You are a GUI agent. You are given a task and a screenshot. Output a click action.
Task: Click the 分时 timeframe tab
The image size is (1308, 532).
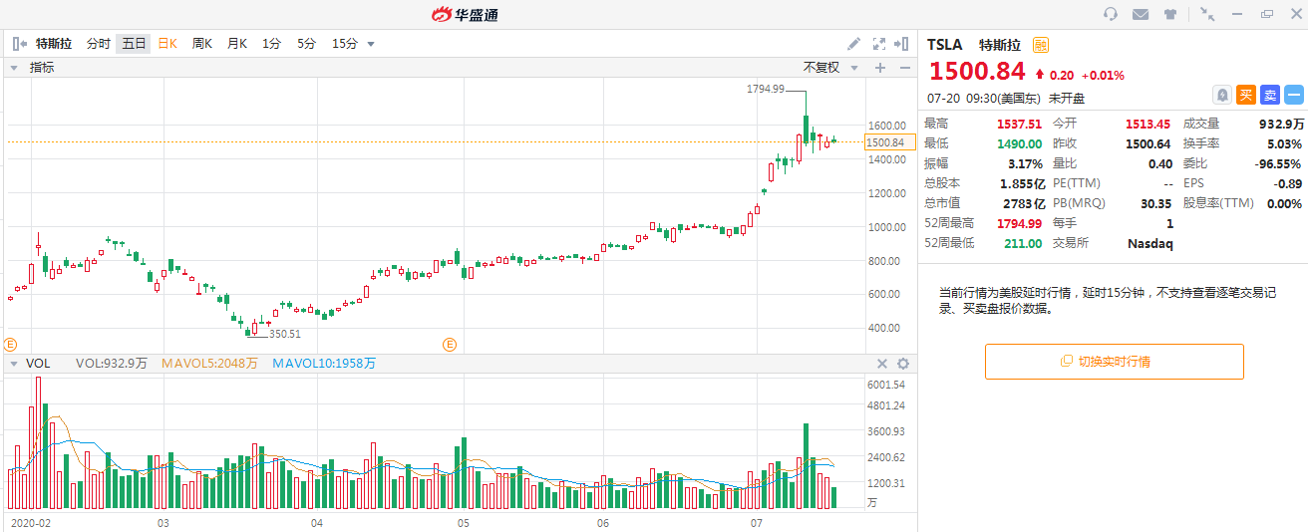[x=98, y=44]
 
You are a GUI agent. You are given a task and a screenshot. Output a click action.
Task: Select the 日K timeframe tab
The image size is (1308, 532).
[x=166, y=44]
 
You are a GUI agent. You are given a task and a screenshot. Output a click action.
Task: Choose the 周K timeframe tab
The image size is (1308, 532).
[x=201, y=44]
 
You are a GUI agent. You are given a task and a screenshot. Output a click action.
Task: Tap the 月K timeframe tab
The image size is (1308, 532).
[x=236, y=44]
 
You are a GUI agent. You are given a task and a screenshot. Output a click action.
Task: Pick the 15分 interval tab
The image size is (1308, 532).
[x=344, y=44]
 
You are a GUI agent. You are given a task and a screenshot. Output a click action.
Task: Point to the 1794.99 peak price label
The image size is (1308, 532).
[x=766, y=89]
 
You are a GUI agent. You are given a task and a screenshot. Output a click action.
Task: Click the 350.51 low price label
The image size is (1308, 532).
[x=284, y=335]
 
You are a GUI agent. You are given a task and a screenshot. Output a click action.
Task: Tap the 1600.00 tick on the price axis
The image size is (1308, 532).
[x=885, y=126]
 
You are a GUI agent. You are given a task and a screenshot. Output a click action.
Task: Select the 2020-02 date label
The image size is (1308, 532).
[x=30, y=522]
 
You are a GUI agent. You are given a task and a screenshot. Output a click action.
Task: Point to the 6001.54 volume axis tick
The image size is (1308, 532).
[x=885, y=385]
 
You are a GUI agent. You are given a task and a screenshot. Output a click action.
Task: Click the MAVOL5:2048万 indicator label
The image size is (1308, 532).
[x=208, y=364]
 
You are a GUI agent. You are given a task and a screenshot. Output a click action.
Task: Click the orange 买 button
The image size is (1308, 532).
[x=1245, y=95]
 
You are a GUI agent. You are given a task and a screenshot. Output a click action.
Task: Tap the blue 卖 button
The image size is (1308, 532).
[x=1269, y=95]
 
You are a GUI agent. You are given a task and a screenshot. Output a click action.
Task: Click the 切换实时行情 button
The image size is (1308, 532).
[x=1114, y=362]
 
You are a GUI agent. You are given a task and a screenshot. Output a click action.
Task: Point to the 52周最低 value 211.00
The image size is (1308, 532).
[x=1022, y=243]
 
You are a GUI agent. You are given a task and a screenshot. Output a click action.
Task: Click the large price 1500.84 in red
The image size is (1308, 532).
[x=977, y=72]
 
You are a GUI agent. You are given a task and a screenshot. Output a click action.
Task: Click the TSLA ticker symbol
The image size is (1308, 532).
[x=945, y=45]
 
